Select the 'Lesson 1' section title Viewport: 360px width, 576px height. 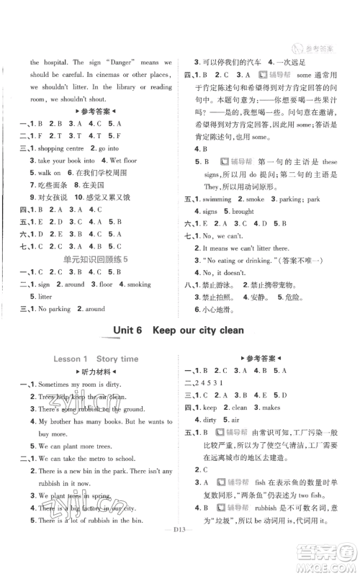pos(69,358)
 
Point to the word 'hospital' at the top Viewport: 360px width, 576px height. pos(55,63)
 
